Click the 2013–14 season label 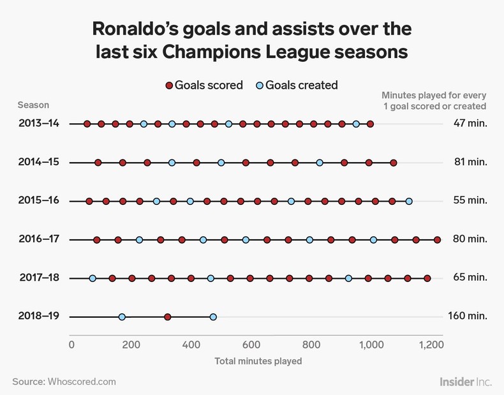(x=39, y=123)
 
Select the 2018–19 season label (x=39, y=317)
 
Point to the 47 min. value (x=470, y=123)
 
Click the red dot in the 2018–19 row (x=167, y=317)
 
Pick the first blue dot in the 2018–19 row (x=122, y=317)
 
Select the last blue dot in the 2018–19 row (x=213, y=317)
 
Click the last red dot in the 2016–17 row (x=437, y=240)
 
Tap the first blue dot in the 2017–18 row (x=93, y=278)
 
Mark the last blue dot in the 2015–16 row (x=409, y=201)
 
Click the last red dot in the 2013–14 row (x=371, y=124)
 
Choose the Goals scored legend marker (x=169, y=86)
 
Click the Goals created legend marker (x=259, y=86)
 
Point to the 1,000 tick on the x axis (x=371, y=345)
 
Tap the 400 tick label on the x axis (x=191, y=345)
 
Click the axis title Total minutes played (x=258, y=361)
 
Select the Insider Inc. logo (x=466, y=381)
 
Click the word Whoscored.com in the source (x=82, y=382)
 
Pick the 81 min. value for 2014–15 (x=470, y=162)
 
